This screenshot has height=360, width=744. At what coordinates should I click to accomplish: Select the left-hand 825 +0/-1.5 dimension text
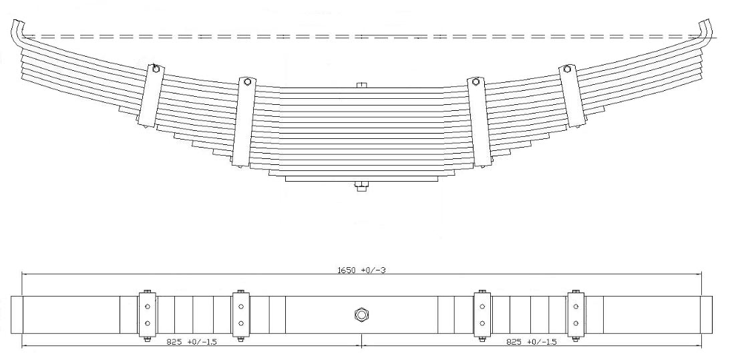(x=192, y=341)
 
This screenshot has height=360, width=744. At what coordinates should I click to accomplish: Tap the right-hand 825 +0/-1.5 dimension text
(x=532, y=341)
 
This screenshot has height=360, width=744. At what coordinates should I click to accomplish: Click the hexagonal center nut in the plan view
(x=361, y=315)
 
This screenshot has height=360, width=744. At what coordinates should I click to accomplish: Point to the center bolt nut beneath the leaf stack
(x=361, y=186)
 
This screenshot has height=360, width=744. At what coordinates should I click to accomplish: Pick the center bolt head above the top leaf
(x=361, y=85)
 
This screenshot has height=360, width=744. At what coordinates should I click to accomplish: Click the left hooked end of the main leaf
(x=17, y=34)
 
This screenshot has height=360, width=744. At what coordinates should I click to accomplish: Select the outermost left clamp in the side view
(x=152, y=96)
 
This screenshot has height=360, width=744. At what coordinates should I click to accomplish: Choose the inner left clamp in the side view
(x=244, y=122)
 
